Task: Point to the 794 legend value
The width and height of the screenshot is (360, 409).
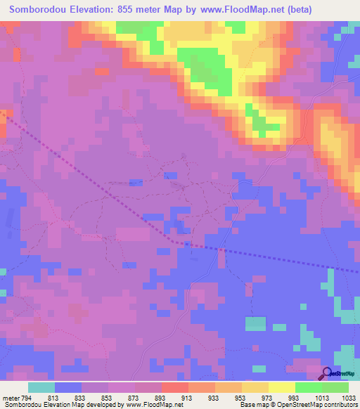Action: (27, 398)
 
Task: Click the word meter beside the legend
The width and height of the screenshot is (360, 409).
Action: (11, 398)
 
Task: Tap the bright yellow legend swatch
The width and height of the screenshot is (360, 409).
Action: (281, 387)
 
